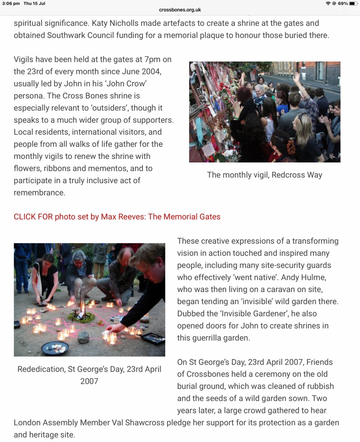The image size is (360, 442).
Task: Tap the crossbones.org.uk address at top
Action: pos(180,10)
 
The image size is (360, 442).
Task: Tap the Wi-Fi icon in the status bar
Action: pos(328,3)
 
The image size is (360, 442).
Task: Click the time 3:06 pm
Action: pos(11,3)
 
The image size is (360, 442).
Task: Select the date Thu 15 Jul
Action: pos(35,3)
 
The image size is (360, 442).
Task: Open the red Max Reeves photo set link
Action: pos(117,217)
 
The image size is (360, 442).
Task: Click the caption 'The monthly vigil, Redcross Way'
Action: pos(265,175)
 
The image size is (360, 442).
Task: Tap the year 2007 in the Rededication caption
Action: pos(89,381)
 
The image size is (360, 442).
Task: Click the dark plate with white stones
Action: pos(55,347)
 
